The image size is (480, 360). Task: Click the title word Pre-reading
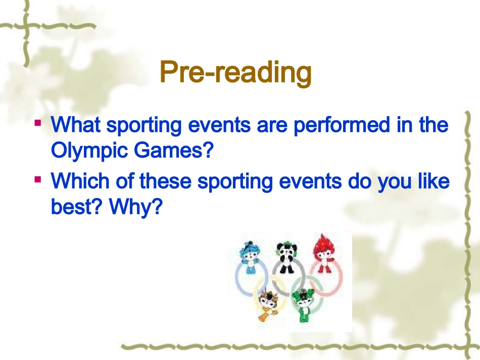click(235, 74)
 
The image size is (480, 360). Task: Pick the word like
click(434, 181)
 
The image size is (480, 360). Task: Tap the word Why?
click(136, 207)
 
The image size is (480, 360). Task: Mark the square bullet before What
click(38, 122)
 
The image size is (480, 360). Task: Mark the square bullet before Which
click(38, 179)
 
